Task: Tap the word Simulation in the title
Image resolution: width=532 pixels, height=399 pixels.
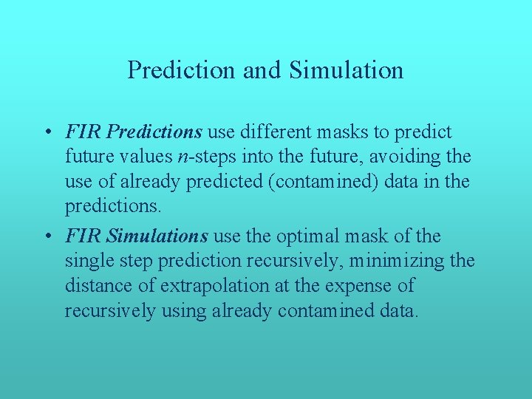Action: pyautogui.click(x=347, y=70)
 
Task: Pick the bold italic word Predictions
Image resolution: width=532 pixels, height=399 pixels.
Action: pyautogui.click(x=154, y=132)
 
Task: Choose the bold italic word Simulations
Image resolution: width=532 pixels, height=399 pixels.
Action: pyautogui.click(x=158, y=236)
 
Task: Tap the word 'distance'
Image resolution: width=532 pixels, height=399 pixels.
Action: pyautogui.click(x=95, y=286)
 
